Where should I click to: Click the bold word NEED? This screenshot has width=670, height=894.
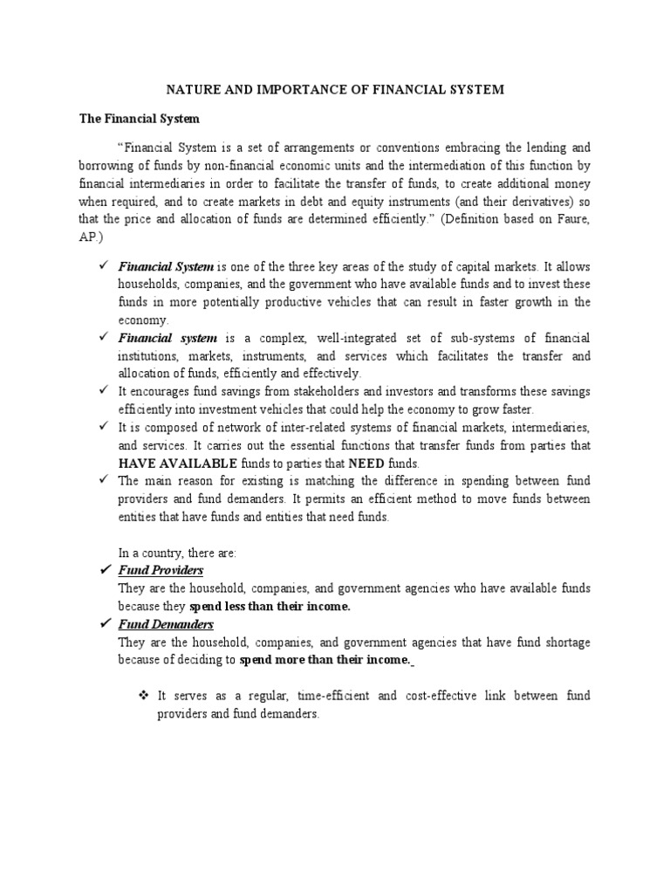tap(366, 463)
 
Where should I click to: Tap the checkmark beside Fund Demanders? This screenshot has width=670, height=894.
tap(105, 624)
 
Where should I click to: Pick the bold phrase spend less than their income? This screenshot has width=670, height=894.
tap(270, 606)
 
